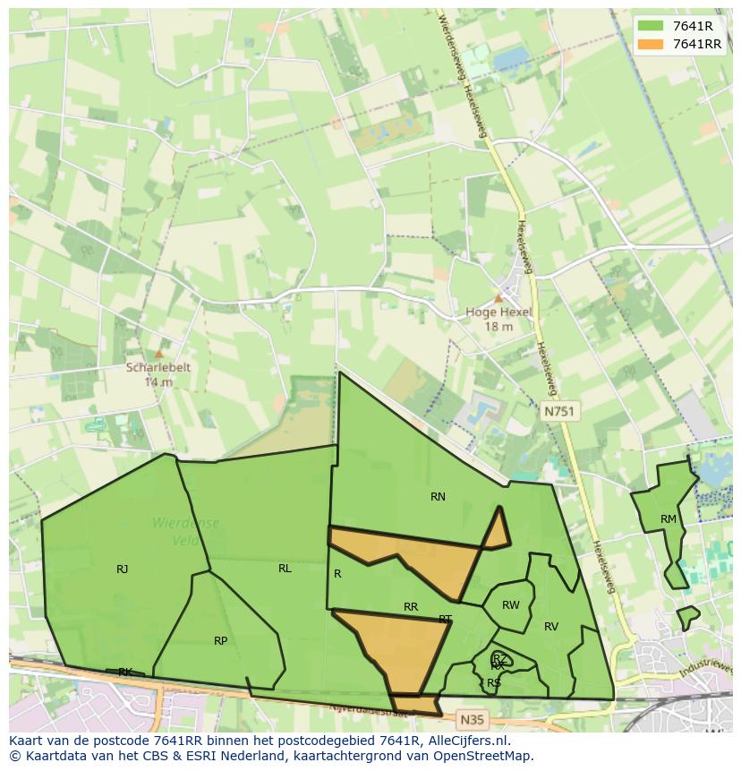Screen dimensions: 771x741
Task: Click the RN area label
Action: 438,497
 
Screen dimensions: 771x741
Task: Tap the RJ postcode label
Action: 122,570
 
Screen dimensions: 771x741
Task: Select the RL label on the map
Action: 285,569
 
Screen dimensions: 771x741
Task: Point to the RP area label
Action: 220,641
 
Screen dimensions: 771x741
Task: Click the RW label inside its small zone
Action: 510,606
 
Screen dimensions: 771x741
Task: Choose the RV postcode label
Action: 551,627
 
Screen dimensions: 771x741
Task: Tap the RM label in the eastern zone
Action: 669,520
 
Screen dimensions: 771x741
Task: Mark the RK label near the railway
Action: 125,672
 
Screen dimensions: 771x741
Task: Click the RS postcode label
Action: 494,683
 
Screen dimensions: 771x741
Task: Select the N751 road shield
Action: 560,411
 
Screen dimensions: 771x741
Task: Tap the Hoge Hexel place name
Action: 498,313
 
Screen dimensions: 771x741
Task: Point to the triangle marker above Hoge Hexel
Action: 498,298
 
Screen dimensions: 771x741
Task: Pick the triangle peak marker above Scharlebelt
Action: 159,354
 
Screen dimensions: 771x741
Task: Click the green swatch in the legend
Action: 651,26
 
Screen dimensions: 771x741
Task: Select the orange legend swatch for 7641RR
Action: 651,44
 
